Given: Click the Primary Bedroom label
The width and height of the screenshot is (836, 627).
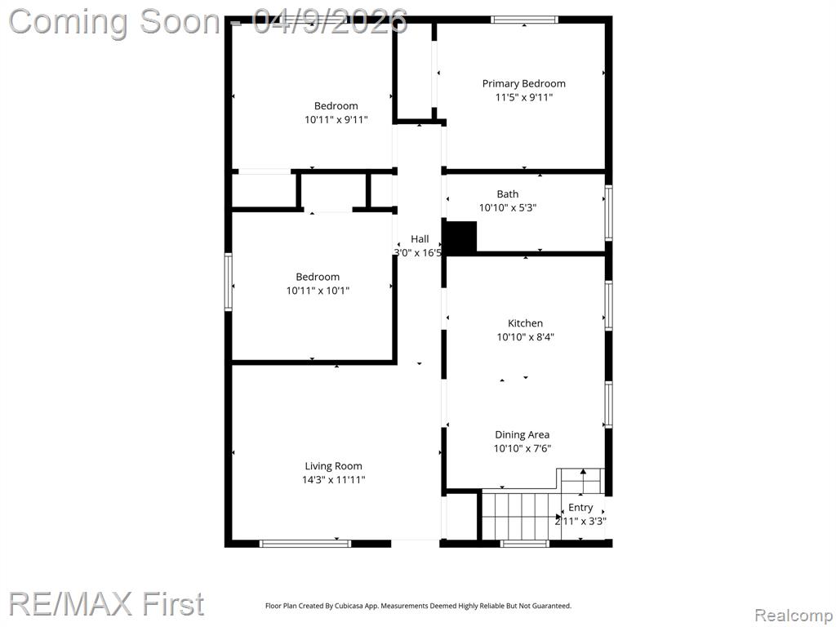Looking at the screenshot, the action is pos(523,84).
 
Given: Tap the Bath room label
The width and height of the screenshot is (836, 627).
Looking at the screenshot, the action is pos(508,194).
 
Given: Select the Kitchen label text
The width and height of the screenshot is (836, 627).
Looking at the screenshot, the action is pos(525,323).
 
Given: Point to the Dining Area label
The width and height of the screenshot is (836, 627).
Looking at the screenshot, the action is pos(522,434).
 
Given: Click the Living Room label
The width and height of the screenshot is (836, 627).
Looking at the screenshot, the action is pos(333,466).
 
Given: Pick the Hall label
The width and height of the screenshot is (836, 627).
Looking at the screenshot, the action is pos(420,239).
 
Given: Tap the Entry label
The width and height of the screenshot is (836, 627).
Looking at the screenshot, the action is pos(580,508).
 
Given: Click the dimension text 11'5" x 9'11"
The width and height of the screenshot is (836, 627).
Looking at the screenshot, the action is pos(523,98).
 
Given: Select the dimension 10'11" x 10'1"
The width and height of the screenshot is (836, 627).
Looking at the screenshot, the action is pos(318,291).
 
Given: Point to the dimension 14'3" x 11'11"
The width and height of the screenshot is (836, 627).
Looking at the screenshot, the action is pos(333,480).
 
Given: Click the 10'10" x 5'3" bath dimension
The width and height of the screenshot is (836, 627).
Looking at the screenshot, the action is pos(508,208).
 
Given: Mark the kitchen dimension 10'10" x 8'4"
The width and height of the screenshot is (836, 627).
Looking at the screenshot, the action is pos(525,337).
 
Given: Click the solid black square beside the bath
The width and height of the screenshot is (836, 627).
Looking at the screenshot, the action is pos(460,237).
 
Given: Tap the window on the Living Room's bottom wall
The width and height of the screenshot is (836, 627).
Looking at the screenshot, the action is pos(305,543).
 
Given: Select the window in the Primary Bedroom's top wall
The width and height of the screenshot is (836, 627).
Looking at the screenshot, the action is pos(525,20).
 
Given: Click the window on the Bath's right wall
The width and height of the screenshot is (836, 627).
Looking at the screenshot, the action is pos(608,213).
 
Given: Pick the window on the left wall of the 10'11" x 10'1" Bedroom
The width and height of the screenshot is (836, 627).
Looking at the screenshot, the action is pos(229,282).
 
